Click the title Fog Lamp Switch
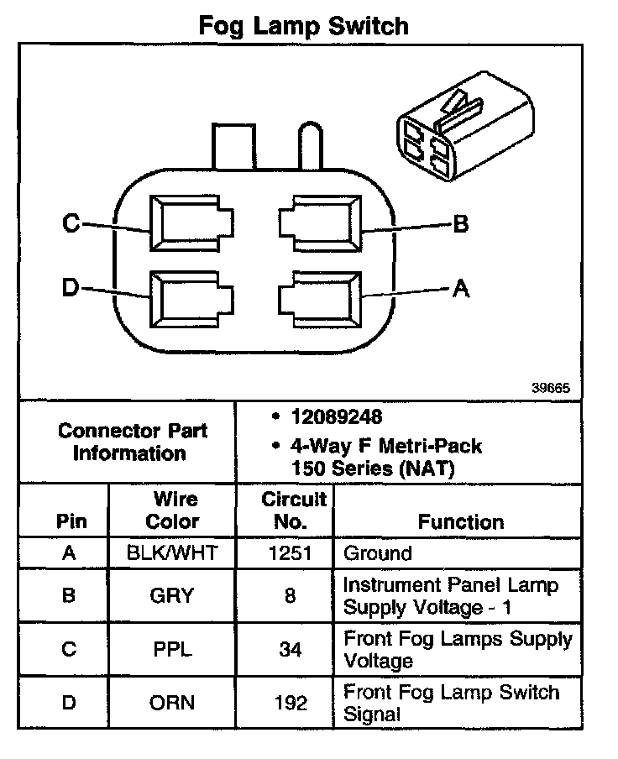[x=303, y=26]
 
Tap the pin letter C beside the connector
[x=71, y=223]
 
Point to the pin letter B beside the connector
[x=460, y=224]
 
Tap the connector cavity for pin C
[x=189, y=224]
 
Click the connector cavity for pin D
[x=189, y=298]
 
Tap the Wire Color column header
[x=173, y=510]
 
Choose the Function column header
[x=461, y=521]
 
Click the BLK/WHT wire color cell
[x=172, y=553]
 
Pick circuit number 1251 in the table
[x=291, y=553]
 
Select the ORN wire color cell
[x=172, y=704]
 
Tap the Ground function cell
[x=378, y=553]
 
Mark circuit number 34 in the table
[x=291, y=650]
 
